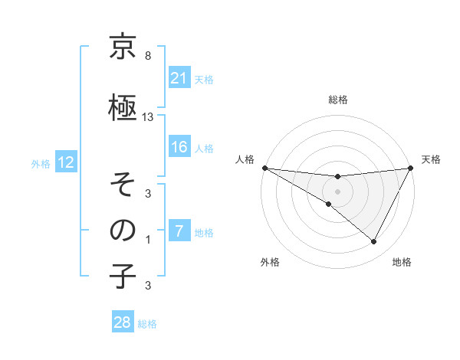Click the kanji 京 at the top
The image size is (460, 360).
click(x=123, y=48)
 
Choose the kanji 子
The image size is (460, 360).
click(x=123, y=277)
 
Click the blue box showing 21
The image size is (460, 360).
click(x=179, y=77)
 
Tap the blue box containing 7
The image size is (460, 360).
click(x=179, y=231)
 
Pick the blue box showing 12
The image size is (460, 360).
click(x=65, y=162)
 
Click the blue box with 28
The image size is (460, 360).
click(x=123, y=322)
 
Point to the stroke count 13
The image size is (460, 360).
click(x=148, y=116)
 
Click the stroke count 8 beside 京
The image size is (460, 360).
click(x=148, y=57)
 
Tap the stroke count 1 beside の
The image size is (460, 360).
click(x=148, y=240)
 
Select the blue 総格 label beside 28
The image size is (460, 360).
click(x=147, y=324)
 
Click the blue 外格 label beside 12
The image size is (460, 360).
click(x=40, y=163)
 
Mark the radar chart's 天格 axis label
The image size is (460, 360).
click(x=431, y=159)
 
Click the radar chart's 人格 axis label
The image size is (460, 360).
click(x=245, y=159)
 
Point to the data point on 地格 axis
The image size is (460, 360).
click(x=374, y=242)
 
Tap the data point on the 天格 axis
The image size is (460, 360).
click(x=410, y=167)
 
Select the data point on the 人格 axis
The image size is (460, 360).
click(x=264, y=167)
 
